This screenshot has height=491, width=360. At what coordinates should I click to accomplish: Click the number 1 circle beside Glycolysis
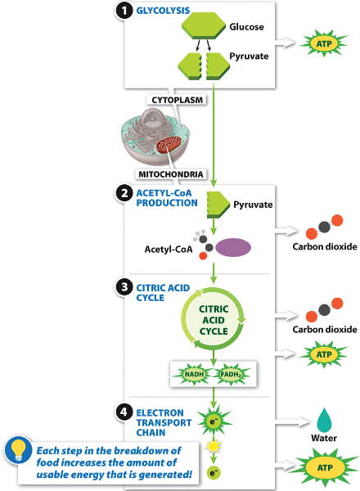(x=124, y=11)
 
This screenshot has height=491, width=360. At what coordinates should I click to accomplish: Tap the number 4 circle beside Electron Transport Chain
(x=124, y=412)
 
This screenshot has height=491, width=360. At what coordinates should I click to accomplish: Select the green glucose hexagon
(x=204, y=26)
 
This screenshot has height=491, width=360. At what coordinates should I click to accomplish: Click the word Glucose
(x=246, y=27)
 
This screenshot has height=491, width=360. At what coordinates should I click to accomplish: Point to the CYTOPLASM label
(x=178, y=100)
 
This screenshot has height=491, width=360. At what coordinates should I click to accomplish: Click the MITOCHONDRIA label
(x=171, y=174)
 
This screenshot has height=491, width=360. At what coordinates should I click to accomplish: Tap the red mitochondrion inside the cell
(x=169, y=146)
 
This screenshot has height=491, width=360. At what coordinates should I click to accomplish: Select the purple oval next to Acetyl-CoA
(x=233, y=248)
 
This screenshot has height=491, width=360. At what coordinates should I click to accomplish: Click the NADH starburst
(x=195, y=374)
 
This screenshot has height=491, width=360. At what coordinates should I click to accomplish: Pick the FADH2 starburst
(x=231, y=374)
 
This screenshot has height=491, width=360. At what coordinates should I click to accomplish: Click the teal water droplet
(x=324, y=420)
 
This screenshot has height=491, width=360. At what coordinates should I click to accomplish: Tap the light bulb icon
(x=18, y=450)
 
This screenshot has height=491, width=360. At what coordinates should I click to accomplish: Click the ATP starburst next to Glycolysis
(x=324, y=43)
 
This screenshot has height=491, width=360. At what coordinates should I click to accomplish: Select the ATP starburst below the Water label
(x=325, y=467)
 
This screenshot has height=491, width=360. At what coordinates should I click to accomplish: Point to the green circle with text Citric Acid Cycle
(x=214, y=320)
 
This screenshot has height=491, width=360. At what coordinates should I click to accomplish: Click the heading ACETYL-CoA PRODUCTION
(x=167, y=198)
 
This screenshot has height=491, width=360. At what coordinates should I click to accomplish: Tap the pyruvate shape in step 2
(x=218, y=205)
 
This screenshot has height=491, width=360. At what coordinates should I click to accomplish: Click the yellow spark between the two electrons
(x=214, y=446)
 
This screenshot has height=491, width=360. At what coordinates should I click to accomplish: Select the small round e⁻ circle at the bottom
(x=214, y=472)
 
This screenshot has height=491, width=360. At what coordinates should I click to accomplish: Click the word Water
(x=324, y=438)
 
